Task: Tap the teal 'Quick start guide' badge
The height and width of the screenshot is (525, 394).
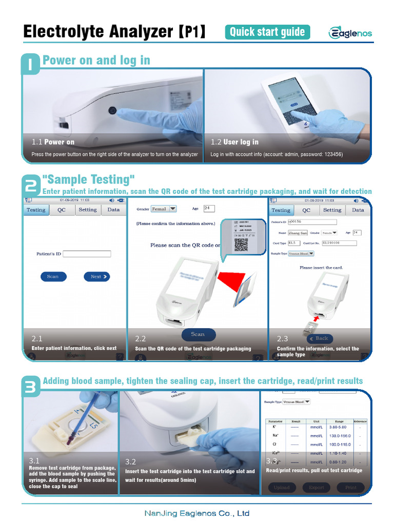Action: [x=267, y=32]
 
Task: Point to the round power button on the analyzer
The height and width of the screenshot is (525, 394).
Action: [x=112, y=111]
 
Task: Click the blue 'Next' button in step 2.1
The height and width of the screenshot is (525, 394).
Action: [x=96, y=276]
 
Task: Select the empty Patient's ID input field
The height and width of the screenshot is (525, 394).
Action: [x=87, y=254]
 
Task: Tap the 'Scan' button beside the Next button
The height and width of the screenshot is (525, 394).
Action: [x=53, y=276]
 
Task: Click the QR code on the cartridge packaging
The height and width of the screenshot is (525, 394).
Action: [x=241, y=245]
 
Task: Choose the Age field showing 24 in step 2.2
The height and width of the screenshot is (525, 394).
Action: [x=209, y=209]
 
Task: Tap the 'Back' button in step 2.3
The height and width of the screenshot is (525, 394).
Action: [x=320, y=338]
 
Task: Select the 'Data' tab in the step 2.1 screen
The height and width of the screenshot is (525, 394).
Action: [x=113, y=210]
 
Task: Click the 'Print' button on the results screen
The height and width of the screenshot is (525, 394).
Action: [x=351, y=487]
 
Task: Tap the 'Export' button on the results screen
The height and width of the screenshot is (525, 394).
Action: [x=317, y=487]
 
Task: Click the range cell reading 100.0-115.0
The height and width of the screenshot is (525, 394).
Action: [x=339, y=444]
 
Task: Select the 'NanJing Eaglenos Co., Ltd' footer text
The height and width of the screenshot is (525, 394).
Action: [x=197, y=513]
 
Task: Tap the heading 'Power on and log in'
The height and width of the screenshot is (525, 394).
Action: [x=96, y=60]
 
